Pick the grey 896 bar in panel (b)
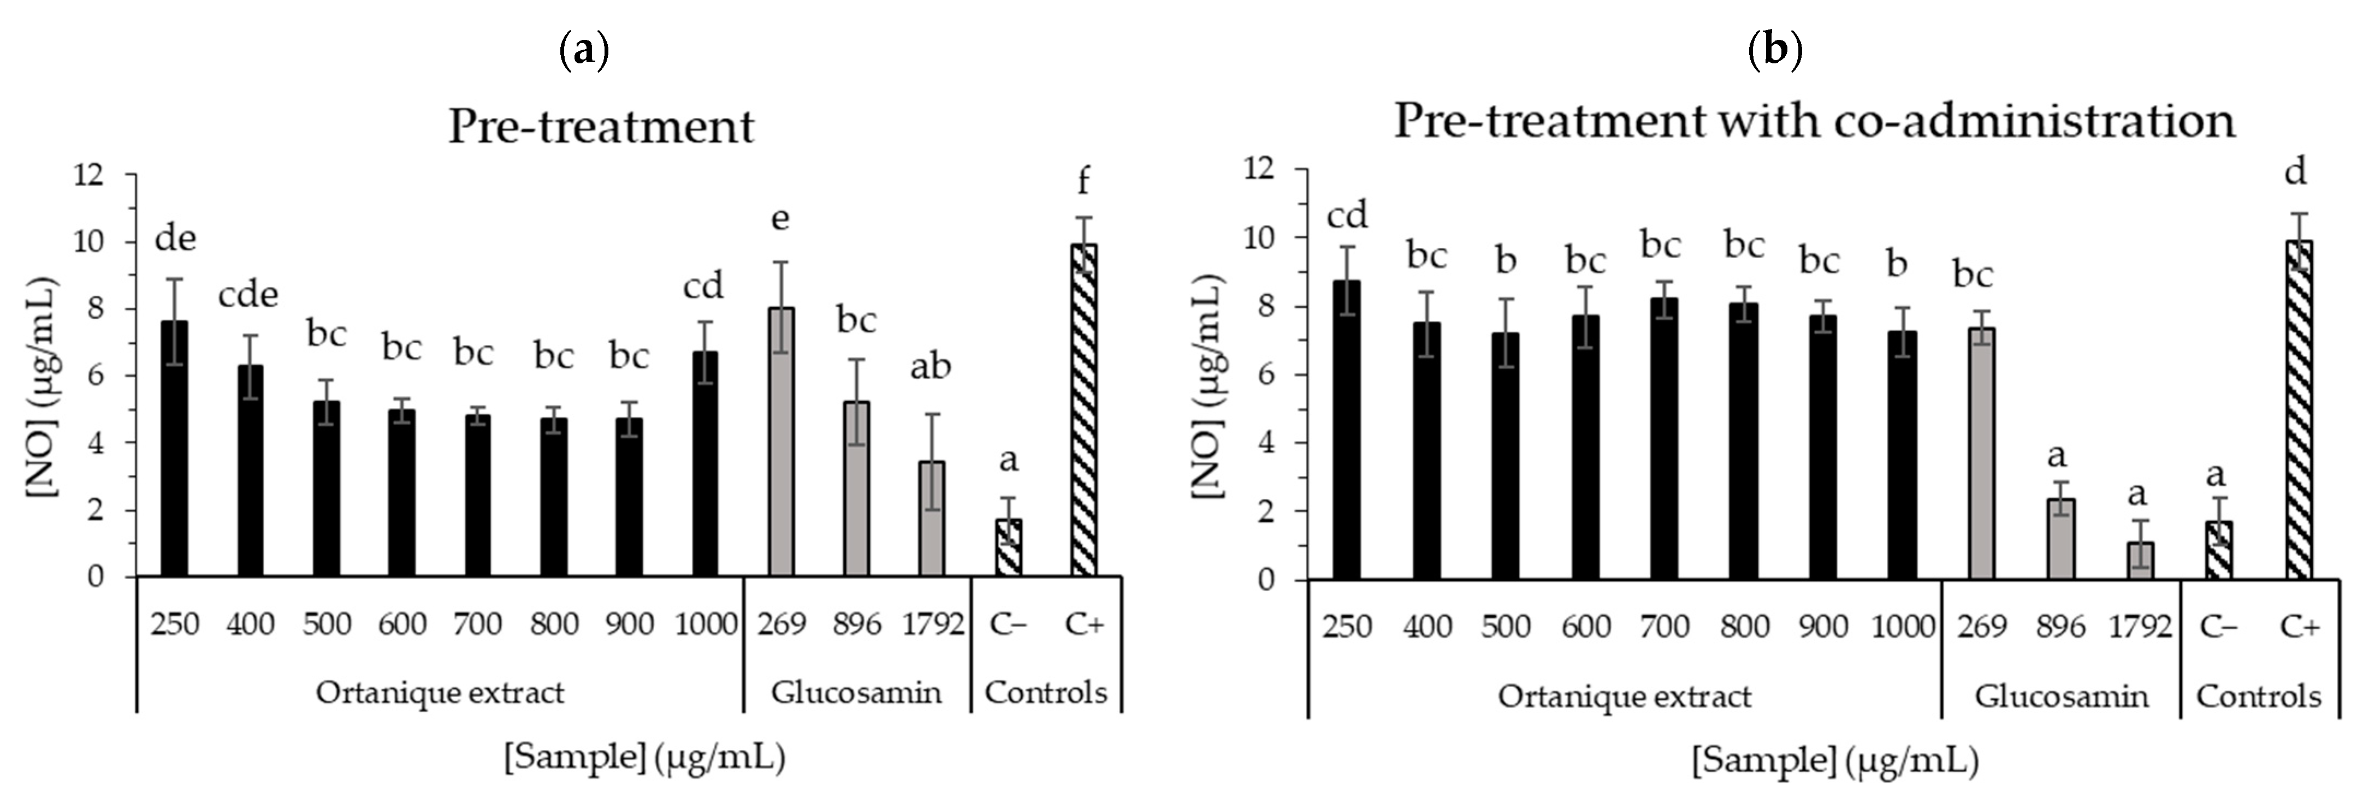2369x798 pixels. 2060,540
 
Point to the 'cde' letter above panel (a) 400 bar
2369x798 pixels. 248,295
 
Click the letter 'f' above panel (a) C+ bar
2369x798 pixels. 1083,181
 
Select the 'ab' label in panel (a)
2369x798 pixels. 930,367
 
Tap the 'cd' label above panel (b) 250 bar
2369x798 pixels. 1347,216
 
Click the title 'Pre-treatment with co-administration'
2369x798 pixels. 1814,121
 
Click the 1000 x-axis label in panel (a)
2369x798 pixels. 706,624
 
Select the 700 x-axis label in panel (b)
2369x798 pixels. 1665,627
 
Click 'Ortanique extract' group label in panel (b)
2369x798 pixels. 1624,696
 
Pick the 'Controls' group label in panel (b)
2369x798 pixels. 2259,696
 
